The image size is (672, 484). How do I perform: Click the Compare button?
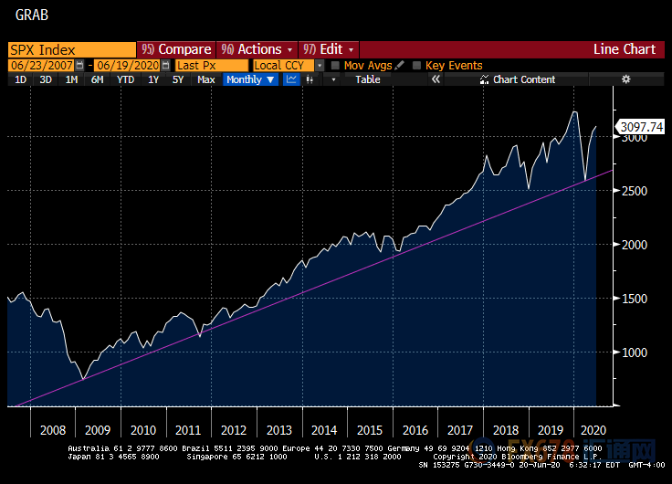[x=177, y=49]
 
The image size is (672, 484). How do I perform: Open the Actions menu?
[x=257, y=49]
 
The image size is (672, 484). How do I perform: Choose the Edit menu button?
[x=329, y=49]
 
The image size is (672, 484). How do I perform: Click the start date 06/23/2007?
[x=41, y=66]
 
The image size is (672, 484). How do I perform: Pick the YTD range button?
[x=125, y=79]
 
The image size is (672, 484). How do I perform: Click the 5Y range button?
[x=178, y=79]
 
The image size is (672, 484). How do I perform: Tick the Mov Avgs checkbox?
[x=336, y=66]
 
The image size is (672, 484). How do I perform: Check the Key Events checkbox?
[x=417, y=66]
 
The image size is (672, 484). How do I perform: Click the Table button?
[x=368, y=79]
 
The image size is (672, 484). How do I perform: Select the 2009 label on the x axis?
[x=98, y=429]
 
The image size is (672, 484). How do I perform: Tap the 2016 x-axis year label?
[x=415, y=429]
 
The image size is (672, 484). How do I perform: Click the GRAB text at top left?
[x=31, y=16]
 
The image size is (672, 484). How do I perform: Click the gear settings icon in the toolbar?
[x=625, y=79]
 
